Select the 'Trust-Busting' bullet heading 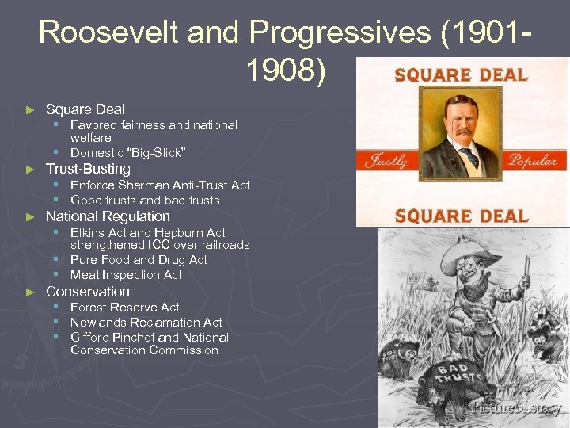(88, 169)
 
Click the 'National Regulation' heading (108, 216)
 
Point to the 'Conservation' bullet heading (87, 291)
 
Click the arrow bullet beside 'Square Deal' (31, 109)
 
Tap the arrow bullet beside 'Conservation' (31, 292)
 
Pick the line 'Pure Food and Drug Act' (139, 260)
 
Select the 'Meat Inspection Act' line (126, 275)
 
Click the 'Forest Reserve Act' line (124, 307)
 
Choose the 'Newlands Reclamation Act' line (146, 323)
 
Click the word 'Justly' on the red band (386, 160)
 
